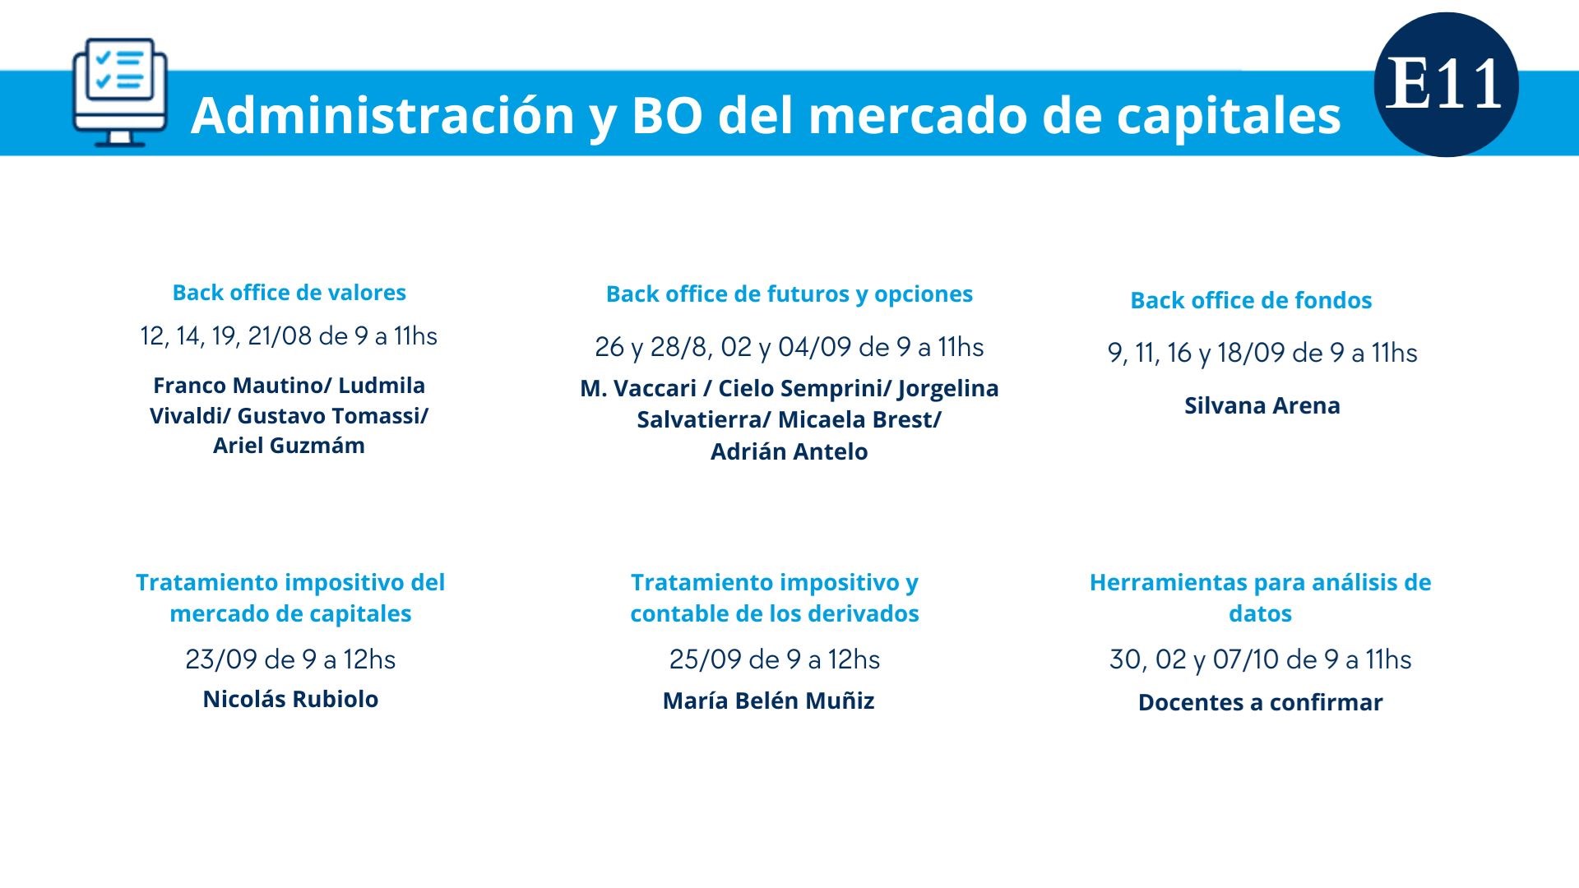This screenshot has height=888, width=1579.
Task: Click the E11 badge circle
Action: click(x=1446, y=85)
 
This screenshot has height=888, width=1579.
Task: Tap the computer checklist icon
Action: click(x=120, y=92)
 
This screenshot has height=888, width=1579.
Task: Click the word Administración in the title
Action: click(x=382, y=114)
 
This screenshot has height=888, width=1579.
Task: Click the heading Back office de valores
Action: click(x=289, y=293)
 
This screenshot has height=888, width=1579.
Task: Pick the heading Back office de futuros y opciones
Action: click(x=789, y=294)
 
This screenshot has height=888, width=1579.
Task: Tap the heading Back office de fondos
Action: click(x=1251, y=300)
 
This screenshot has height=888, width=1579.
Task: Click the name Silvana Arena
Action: click(x=1262, y=405)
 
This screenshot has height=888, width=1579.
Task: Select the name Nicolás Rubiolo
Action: click(x=290, y=699)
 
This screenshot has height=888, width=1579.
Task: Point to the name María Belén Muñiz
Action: click(x=769, y=701)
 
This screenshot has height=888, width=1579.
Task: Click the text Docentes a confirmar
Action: click(x=1261, y=702)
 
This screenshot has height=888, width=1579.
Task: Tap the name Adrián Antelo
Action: click(x=789, y=451)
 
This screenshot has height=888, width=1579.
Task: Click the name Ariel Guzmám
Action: click(x=289, y=446)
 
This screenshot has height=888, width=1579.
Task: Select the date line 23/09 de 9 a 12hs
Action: click(x=290, y=659)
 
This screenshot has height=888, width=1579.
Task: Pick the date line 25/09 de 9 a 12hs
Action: click(x=775, y=659)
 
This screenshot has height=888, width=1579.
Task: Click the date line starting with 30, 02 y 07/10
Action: click(x=1261, y=659)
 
